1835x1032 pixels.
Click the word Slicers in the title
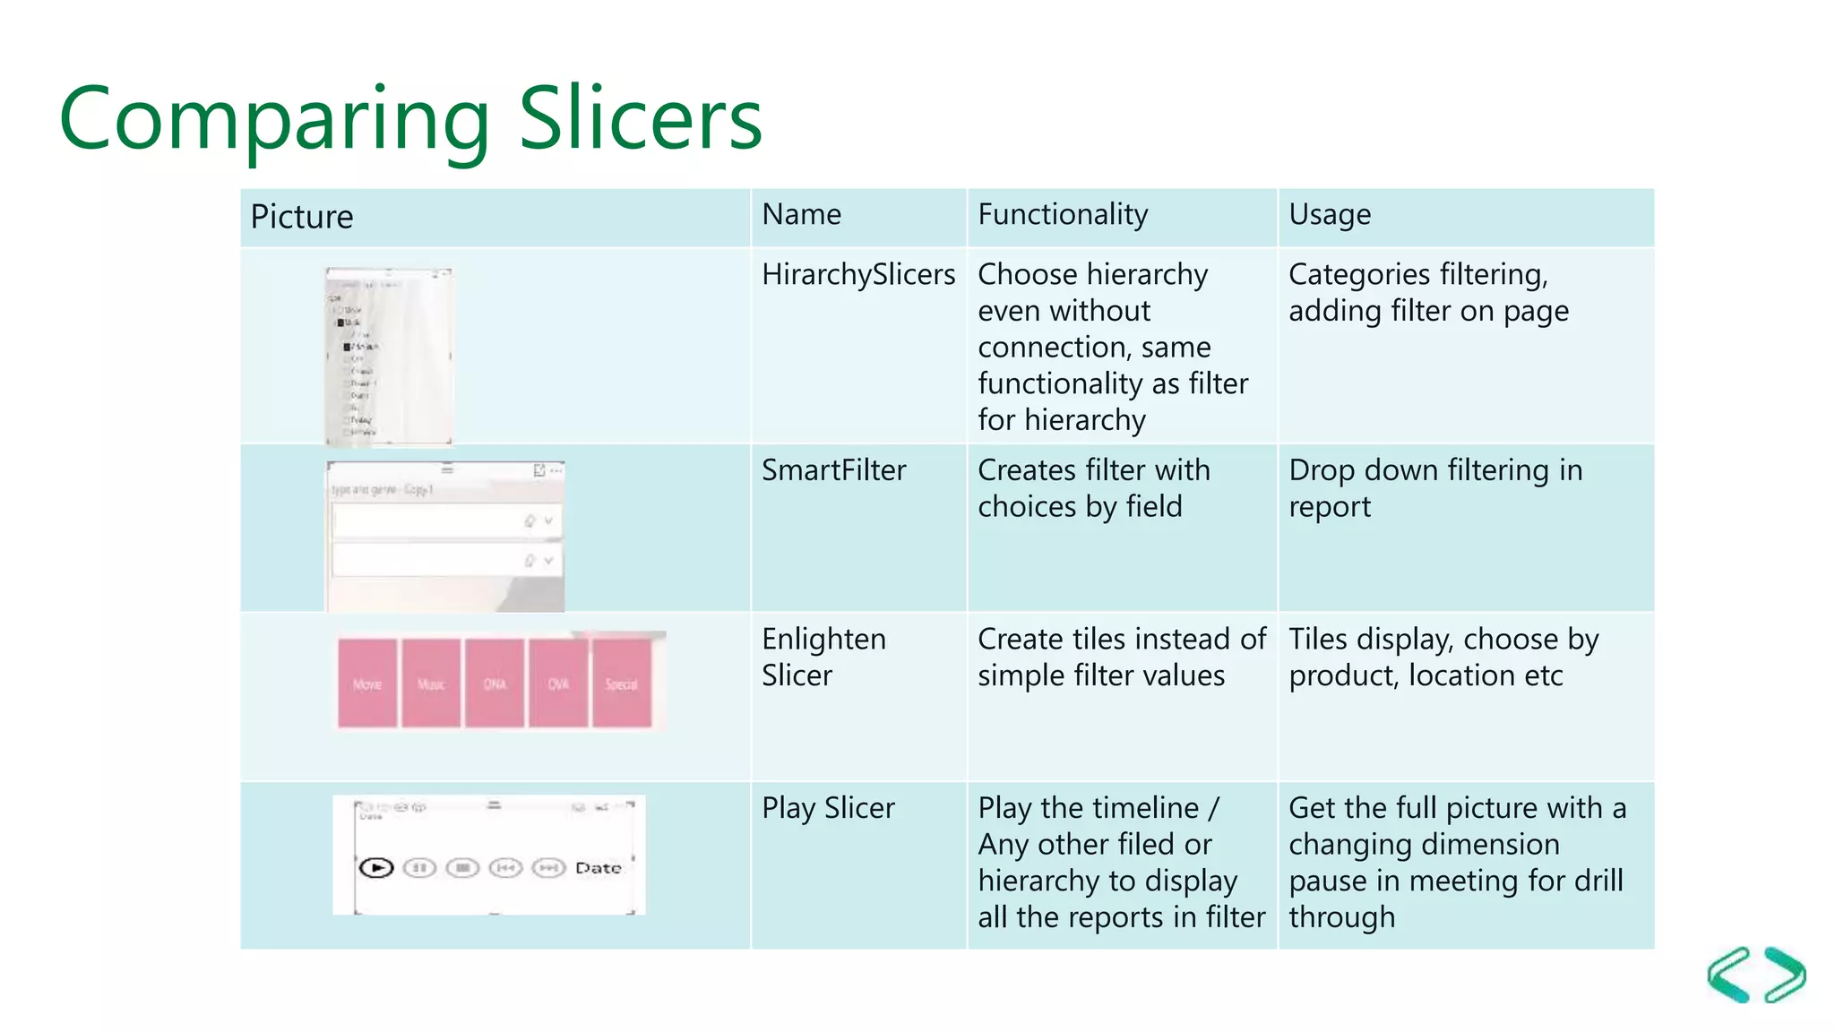coord(640,119)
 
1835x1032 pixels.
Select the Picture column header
coord(302,217)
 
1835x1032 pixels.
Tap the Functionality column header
coord(1063,215)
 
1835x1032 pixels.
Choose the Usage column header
coord(1330,215)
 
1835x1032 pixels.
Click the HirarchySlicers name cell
coord(857,274)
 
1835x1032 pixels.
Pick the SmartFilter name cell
coord(833,470)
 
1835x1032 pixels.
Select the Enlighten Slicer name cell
coord(823,657)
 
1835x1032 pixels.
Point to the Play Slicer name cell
coord(828,808)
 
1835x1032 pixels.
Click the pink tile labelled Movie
coord(367,684)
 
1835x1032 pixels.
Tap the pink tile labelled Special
coord(622,684)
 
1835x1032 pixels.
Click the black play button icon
coord(376,867)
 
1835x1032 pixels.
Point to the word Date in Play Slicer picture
coord(598,867)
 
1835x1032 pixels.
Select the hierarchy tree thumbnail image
coord(389,356)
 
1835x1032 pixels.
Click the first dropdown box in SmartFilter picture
coord(445,520)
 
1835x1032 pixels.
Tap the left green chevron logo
coord(1729,975)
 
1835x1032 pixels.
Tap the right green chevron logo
coord(1785,975)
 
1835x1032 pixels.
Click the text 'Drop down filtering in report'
coord(1434,488)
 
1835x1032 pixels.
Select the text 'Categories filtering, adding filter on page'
coord(1427,292)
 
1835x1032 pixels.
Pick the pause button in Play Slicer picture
coord(419,867)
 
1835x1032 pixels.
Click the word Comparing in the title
coord(274,119)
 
